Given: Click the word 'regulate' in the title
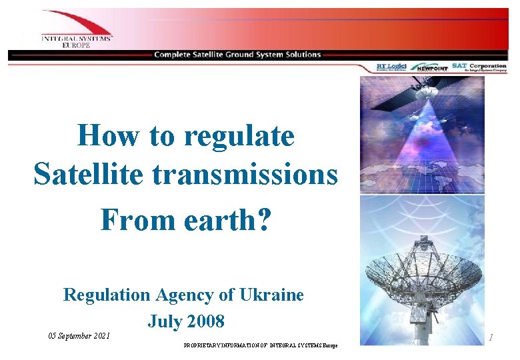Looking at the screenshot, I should pos(239,137).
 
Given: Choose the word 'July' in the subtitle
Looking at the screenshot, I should pos(161,321).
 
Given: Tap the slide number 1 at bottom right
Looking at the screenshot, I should pos(491,338).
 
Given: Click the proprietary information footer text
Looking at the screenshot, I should pos(260,346).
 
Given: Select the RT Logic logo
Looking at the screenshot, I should pos(391,67).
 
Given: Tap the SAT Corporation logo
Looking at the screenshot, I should pos(479,67).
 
